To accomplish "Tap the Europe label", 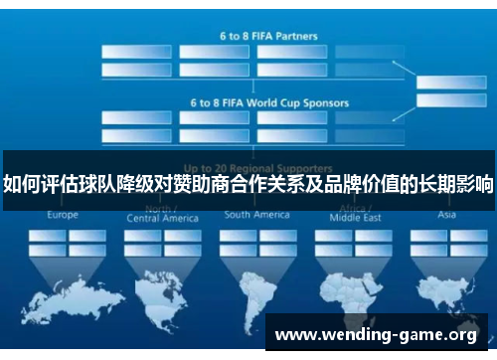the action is [63, 215].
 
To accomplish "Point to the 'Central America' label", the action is [162, 218].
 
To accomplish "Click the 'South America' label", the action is [256, 215].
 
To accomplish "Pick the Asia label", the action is [447, 215].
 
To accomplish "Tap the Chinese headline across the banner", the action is [248, 184].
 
